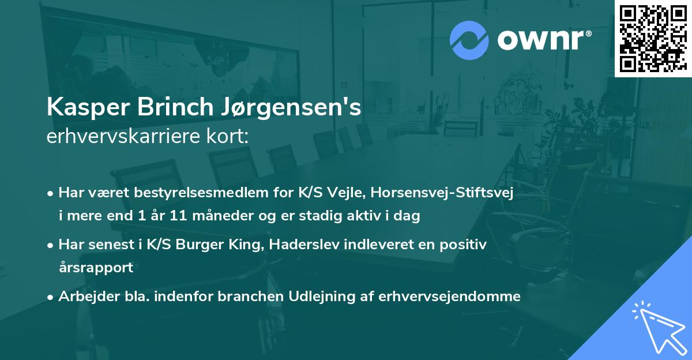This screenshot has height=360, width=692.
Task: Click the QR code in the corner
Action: (653, 39)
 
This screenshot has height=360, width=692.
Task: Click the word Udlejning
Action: (314, 297)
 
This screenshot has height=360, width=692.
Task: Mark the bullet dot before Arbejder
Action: (51, 297)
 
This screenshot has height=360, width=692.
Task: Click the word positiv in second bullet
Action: (465, 245)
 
